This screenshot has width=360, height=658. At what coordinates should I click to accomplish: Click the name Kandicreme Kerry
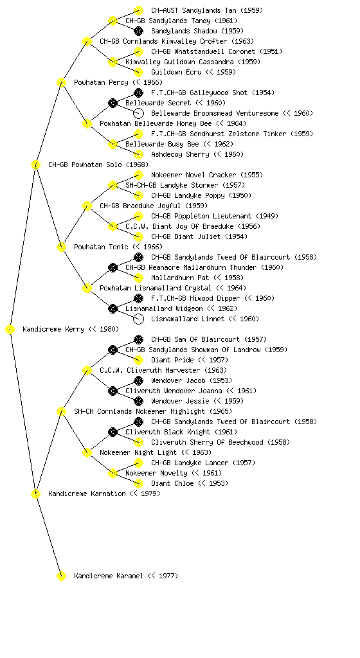(53, 330)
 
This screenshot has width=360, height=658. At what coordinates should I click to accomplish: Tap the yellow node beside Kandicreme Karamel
(61, 576)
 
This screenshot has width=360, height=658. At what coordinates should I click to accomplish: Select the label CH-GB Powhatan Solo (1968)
(98, 165)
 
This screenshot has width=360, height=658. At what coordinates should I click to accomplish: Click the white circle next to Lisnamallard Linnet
(138, 319)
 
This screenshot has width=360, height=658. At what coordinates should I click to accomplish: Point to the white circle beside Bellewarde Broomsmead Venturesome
(138, 113)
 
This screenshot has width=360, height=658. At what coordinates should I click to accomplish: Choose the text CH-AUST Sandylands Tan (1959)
(207, 10)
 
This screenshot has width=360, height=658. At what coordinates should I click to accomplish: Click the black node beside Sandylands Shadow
(138, 31)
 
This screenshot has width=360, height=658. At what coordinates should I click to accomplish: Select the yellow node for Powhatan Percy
(61, 82)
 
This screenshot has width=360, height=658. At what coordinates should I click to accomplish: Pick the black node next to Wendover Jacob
(138, 380)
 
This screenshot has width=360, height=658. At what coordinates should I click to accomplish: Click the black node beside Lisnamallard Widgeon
(113, 309)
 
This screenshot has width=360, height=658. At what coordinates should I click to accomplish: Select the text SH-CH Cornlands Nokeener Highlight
(139, 412)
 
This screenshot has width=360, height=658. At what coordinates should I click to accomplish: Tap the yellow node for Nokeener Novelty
(113, 474)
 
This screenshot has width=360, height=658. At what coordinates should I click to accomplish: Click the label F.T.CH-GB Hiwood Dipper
(195, 298)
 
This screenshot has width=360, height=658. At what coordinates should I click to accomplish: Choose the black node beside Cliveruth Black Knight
(113, 432)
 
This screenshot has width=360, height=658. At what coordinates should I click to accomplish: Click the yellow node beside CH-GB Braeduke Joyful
(87, 206)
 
